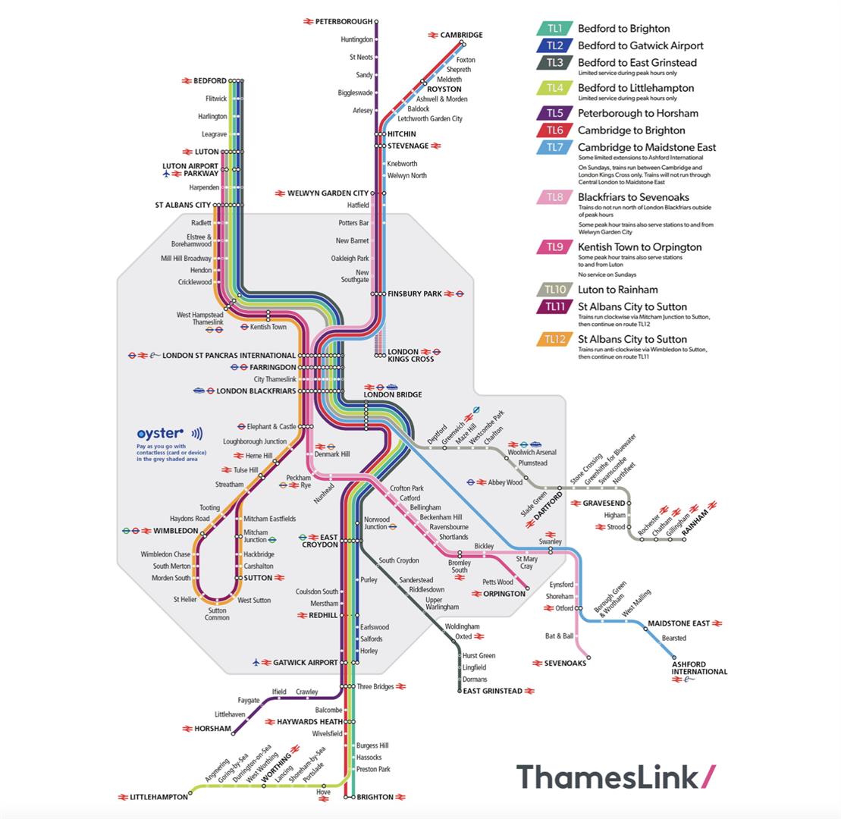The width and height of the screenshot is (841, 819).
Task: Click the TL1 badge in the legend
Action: coord(555,29)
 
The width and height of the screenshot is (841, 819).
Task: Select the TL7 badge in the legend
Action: coord(555,147)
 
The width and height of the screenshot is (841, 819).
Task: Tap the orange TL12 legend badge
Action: coord(555,339)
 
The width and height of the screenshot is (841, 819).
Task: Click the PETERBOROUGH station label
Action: coord(344,22)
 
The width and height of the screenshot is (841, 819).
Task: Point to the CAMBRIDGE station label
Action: coord(461,35)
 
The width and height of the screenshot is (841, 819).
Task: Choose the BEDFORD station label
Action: coord(210,80)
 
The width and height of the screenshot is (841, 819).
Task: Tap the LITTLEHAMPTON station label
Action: coord(158,797)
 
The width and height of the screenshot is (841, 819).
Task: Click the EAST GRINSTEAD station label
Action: coord(492,691)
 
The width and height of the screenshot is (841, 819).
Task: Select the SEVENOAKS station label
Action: coord(565,663)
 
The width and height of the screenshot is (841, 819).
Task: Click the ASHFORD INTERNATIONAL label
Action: coord(699,668)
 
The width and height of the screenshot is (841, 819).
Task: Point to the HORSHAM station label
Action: coord(212,729)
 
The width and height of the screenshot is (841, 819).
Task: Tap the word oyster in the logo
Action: coord(160,434)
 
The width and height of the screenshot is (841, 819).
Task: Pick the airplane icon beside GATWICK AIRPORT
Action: coord(256,663)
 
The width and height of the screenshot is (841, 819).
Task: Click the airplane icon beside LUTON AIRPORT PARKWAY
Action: coord(166,174)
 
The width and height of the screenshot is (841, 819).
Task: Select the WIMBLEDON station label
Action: coord(175,531)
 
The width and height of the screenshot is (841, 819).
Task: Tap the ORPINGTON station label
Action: coord(504,594)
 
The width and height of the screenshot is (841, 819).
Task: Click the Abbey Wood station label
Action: coord(505,482)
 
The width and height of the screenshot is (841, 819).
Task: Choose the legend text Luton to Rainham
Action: coord(618,289)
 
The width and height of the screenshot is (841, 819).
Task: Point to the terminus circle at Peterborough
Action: coord(376,22)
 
